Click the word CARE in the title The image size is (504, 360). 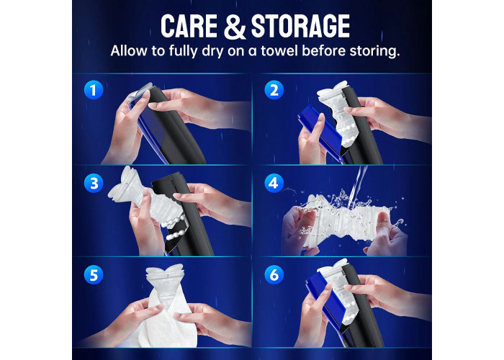pos(189,26)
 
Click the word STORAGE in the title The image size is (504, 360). pos(300,26)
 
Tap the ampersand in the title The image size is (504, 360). pos(235,27)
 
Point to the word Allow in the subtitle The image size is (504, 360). pos(129,51)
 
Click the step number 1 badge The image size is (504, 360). pos(94,90)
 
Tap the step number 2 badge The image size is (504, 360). pos(274,90)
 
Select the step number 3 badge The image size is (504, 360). pos(94,183)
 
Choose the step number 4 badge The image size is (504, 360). pos(274,183)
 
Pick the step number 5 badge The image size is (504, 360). pos(94,275)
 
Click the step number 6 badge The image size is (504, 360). pos(274,275)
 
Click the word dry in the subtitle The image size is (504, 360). pos(212,51)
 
